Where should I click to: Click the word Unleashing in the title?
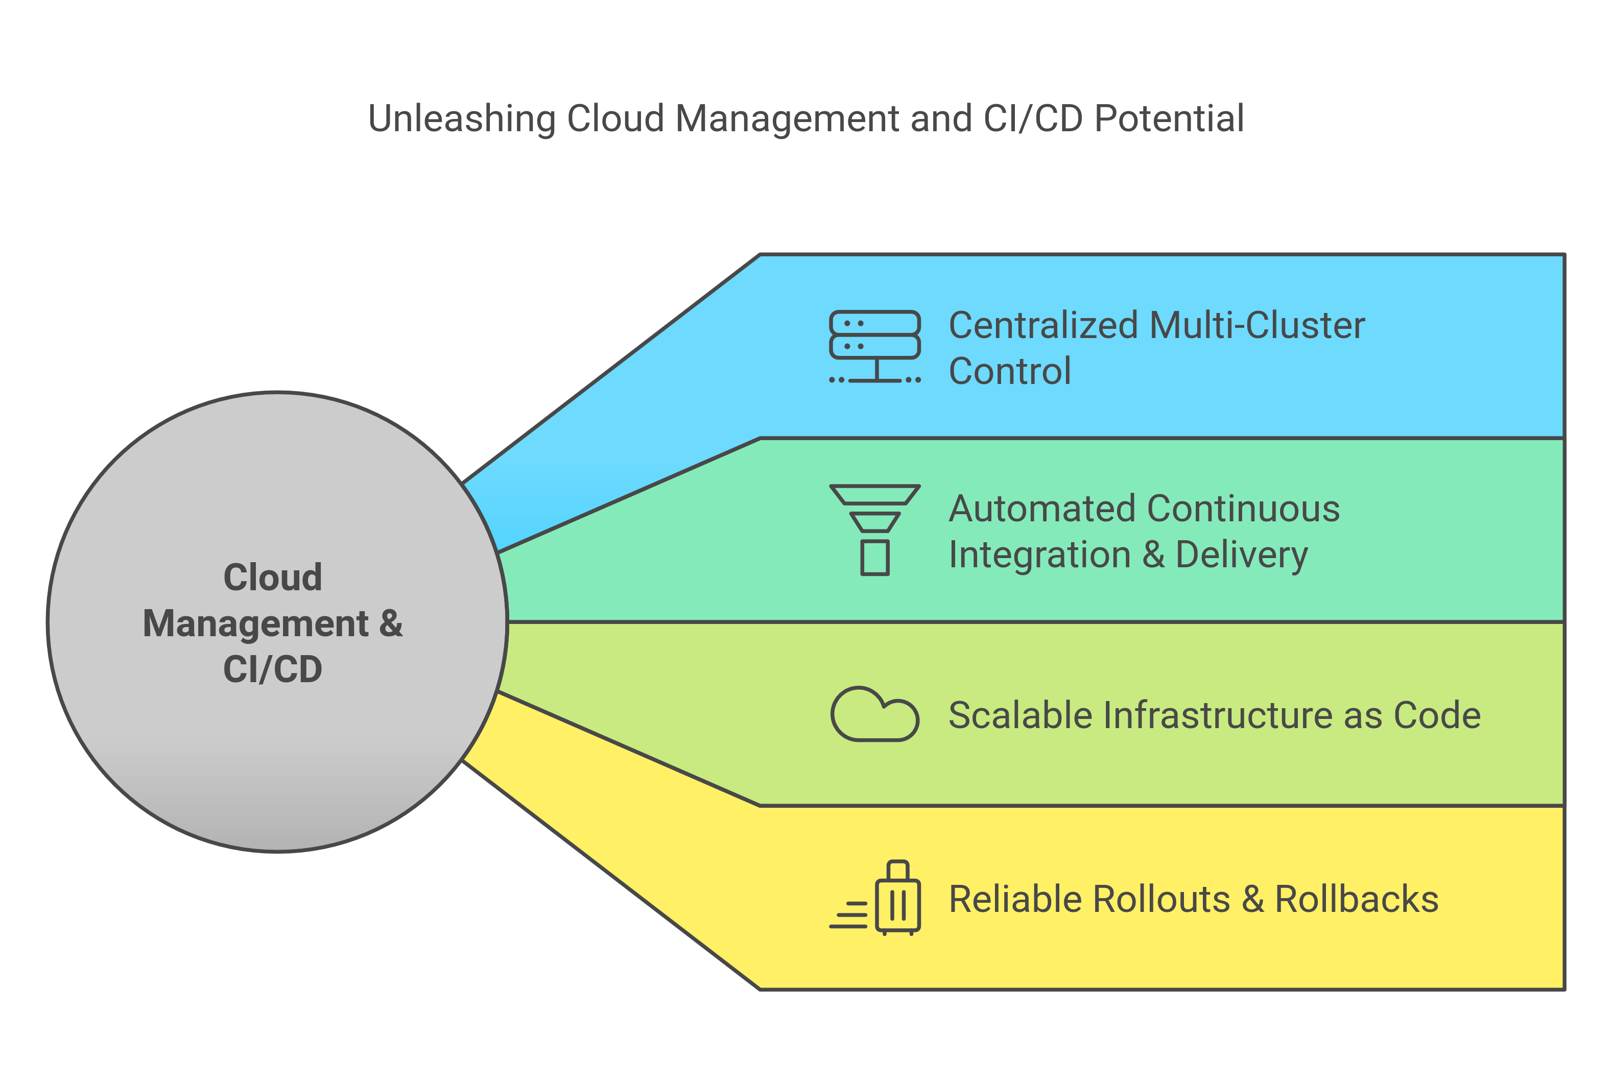pos(461,118)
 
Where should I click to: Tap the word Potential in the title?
pos(1169,118)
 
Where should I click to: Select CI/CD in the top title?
pos(1033,118)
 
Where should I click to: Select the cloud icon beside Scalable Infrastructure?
pos(874,715)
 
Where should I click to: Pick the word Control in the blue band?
pos(1009,371)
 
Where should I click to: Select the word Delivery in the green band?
pos(1241,555)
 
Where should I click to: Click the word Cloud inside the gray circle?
pos(272,577)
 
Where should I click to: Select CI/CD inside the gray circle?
pos(272,669)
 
